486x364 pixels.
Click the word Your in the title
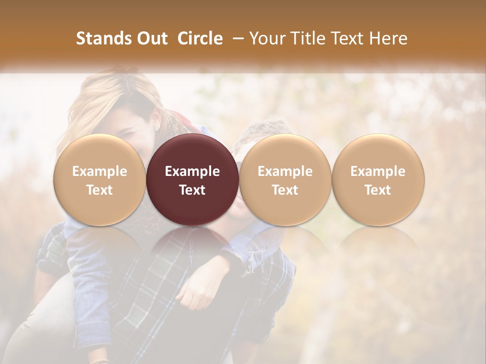pyautogui.click(x=268, y=39)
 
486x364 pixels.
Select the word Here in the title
pyautogui.click(x=388, y=39)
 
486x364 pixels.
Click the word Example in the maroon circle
pyautogui.click(x=192, y=171)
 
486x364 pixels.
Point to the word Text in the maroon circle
pyautogui.click(x=192, y=190)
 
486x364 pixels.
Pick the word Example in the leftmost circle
pyautogui.click(x=99, y=171)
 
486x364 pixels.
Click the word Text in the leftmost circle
pyautogui.click(x=99, y=190)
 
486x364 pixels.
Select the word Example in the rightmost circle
pyautogui.click(x=378, y=171)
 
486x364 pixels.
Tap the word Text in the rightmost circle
pyautogui.click(x=378, y=190)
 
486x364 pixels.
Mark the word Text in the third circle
pyautogui.click(x=285, y=190)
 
